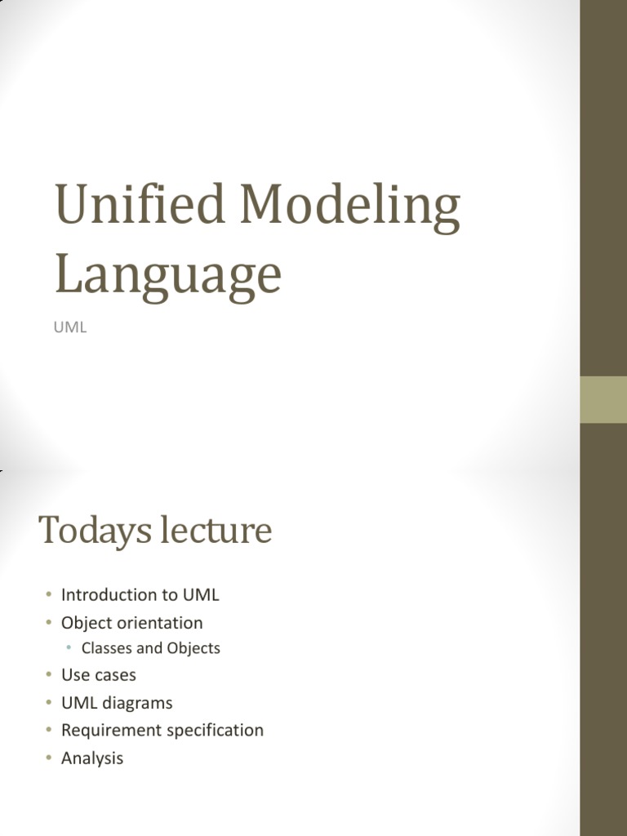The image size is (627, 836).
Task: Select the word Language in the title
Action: (168, 274)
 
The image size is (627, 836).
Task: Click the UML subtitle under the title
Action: (70, 328)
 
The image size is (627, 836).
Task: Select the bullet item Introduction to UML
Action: (140, 595)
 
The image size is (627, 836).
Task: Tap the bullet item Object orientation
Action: (131, 623)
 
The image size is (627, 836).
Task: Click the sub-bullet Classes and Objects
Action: (151, 648)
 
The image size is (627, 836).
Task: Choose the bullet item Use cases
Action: (98, 675)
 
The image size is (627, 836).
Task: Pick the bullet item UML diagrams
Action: (117, 703)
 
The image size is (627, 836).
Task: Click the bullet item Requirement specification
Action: (162, 730)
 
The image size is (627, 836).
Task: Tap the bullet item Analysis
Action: (92, 758)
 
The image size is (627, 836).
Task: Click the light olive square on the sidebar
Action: (603, 400)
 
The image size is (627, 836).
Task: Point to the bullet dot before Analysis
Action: (48, 758)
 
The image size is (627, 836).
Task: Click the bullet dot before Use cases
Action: (48, 675)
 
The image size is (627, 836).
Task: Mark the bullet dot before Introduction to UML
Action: (48, 595)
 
